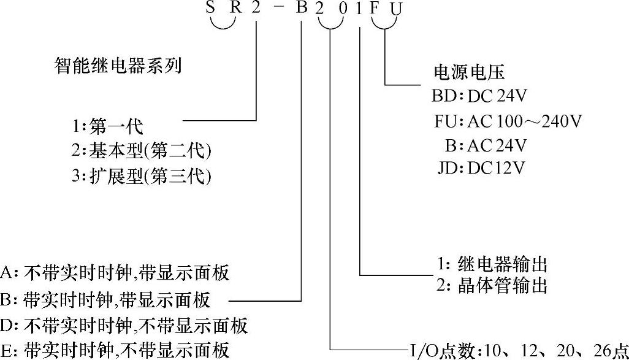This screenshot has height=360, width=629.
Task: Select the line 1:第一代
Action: click(x=106, y=128)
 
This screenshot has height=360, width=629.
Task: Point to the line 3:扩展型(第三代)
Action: click(x=140, y=176)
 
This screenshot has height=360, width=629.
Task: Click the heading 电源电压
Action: click(x=469, y=73)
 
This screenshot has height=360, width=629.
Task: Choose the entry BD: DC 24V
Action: click(x=479, y=96)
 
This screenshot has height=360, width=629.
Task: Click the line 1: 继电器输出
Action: click(x=491, y=264)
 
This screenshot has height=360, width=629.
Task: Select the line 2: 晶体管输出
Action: click(x=491, y=285)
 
